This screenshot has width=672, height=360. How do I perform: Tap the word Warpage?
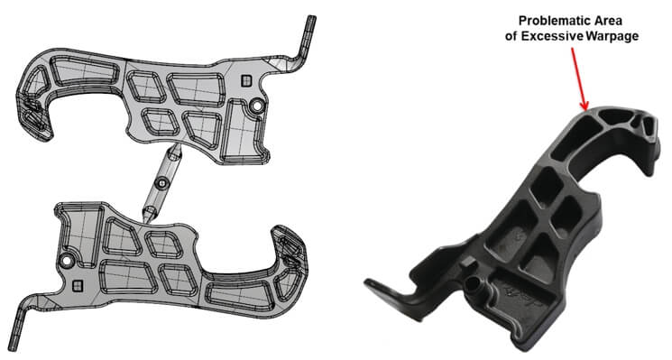612,36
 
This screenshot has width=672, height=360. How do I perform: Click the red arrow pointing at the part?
578,78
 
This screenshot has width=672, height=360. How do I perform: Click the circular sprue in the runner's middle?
161,183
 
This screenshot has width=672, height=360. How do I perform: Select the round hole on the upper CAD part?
256,106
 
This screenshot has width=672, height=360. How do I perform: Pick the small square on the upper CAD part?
246,80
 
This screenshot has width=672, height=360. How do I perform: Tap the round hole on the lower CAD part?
66,260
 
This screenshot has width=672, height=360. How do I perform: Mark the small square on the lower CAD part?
78,285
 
